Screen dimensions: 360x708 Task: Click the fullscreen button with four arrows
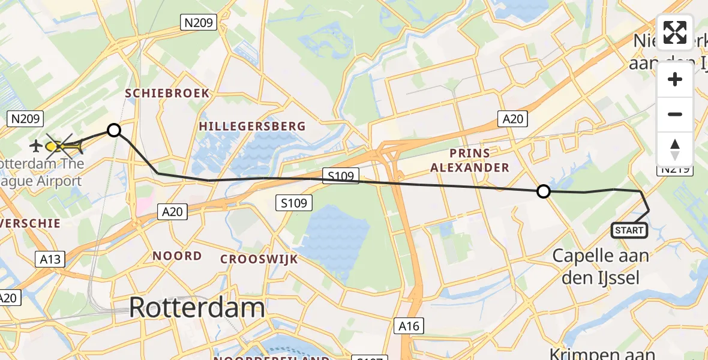point(675,32)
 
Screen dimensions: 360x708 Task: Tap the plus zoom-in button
point(675,80)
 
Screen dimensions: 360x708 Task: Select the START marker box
point(629,230)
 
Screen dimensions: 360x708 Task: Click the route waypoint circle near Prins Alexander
point(543,191)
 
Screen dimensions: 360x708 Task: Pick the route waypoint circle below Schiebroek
point(113,130)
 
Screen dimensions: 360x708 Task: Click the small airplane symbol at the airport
point(35,146)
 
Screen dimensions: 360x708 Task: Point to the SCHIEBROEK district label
point(167,94)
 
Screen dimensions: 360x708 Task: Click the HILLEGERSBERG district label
point(252,127)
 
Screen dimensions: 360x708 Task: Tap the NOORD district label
point(177,256)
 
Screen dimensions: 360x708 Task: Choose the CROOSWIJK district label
point(259,259)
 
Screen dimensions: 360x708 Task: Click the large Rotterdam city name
point(197,308)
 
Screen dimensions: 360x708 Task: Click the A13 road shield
point(51,259)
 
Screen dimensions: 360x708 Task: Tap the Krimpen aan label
point(602,353)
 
